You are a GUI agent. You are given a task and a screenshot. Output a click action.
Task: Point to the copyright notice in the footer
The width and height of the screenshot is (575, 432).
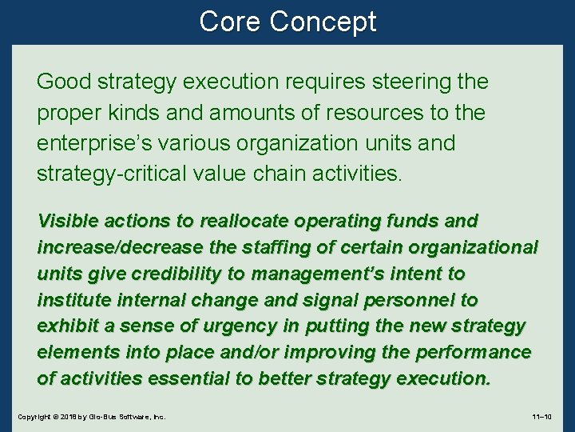(91, 418)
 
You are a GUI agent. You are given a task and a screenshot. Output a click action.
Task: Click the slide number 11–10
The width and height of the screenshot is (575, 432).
(546, 418)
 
